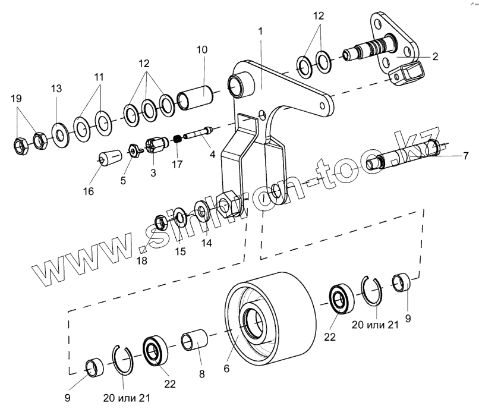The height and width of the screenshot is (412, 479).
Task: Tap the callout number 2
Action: click(x=435, y=56)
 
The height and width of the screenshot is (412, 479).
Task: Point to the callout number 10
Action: click(x=201, y=49)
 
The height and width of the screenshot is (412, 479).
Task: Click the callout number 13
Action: click(x=56, y=89)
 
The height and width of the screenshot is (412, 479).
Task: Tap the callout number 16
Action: click(x=89, y=191)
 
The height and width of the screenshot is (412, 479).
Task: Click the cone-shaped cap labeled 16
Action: click(x=107, y=159)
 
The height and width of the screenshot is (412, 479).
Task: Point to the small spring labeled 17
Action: click(x=176, y=140)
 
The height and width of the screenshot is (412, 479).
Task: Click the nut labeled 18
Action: click(x=160, y=223)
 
